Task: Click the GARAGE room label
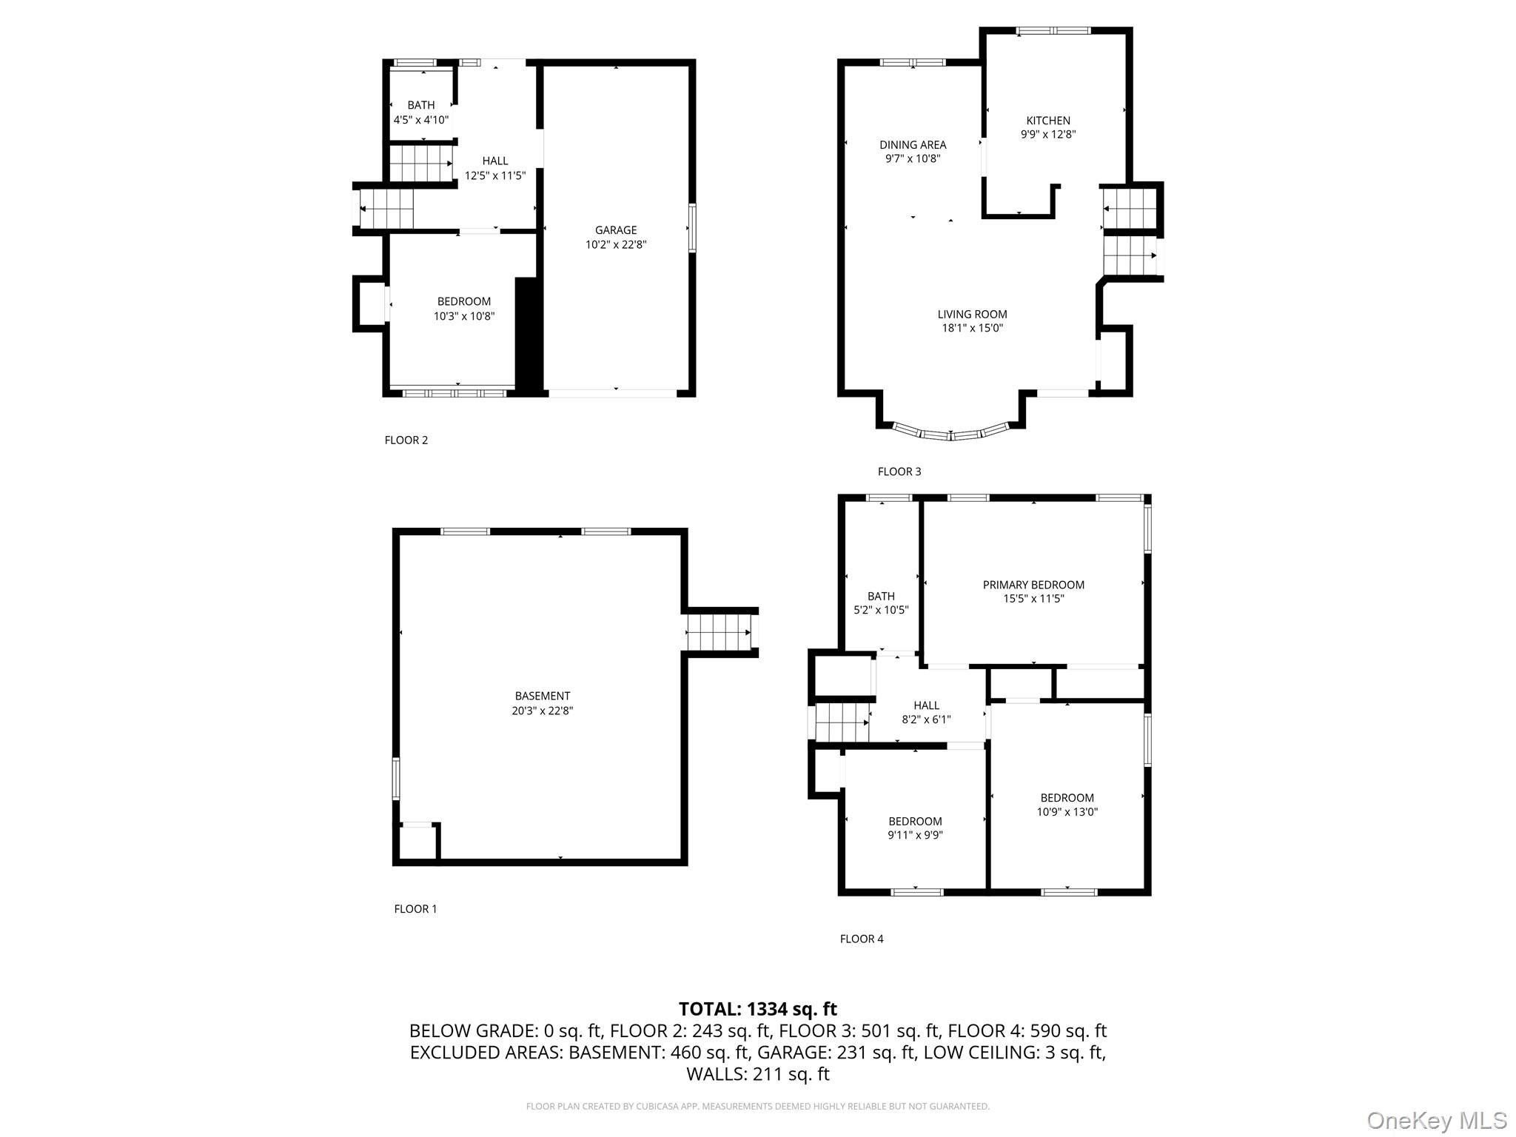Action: tap(616, 230)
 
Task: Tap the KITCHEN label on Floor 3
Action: tap(1047, 121)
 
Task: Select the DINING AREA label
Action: tap(913, 145)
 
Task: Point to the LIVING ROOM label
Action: tap(972, 315)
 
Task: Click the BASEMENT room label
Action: tap(543, 696)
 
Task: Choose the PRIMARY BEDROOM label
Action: tap(1033, 585)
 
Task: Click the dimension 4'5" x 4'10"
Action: tap(421, 120)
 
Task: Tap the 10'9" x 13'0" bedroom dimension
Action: tap(1067, 812)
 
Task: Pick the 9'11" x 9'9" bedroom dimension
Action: tap(915, 836)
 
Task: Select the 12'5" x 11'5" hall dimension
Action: tap(495, 175)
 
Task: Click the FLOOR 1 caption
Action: tap(415, 909)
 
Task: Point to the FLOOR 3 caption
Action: tap(899, 472)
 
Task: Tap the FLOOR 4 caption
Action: tap(862, 939)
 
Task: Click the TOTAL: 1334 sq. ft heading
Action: tap(757, 1009)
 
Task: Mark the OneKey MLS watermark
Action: tap(1437, 1120)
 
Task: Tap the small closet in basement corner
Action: tap(417, 842)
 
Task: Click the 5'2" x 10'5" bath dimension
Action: tap(881, 611)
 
